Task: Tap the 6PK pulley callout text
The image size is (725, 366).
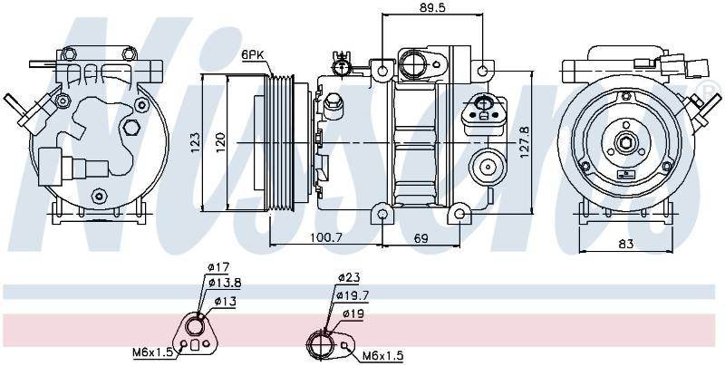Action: (x=253, y=55)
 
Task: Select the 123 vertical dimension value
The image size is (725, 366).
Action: (x=196, y=143)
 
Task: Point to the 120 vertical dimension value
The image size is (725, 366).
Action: (x=220, y=143)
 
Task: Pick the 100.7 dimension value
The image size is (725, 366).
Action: (x=325, y=238)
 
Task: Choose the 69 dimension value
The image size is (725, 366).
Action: (x=420, y=238)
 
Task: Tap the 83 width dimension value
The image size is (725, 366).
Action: (x=625, y=244)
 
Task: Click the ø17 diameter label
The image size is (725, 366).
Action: (x=218, y=267)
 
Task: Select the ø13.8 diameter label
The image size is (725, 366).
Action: (x=224, y=283)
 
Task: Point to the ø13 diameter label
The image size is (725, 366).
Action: (x=225, y=302)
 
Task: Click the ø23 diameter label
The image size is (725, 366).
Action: (x=349, y=277)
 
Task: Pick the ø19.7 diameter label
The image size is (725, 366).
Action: (x=353, y=294)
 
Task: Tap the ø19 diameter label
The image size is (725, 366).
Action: (x=353, y=314)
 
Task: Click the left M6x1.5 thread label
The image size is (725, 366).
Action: (x=152, y=352)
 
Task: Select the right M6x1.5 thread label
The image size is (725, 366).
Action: (x=383, y=356)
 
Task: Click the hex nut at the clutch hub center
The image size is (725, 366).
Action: (x=625, y=142)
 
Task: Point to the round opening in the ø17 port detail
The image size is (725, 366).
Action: (x=194, y=327)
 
